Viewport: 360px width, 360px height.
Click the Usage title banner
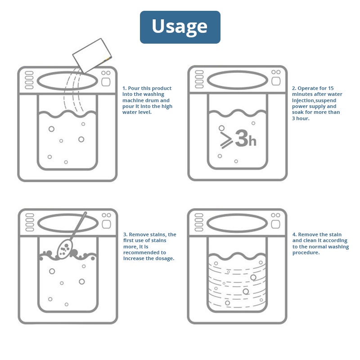tap(180, 27)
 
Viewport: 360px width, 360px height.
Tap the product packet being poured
tap(92, 55)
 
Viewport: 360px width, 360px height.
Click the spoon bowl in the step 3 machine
tap(64, 248)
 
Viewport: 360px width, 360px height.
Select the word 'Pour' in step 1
tap(133, 88)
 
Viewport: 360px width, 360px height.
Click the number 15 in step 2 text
tap(331, 88)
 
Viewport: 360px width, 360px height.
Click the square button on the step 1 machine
tap(106, 82)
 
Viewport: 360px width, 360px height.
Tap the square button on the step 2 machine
tap(276, 81)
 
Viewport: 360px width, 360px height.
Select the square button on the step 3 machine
tap(106, 224)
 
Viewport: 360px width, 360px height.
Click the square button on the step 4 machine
tap(275, 224)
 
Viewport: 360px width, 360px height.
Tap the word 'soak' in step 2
tap(297, 112)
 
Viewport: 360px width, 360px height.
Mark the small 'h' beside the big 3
tap(252, 141)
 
